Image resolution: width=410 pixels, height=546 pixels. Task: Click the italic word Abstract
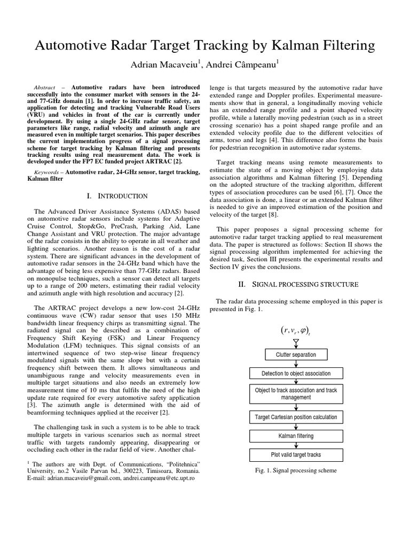pyautogui.click(x=44, y=87)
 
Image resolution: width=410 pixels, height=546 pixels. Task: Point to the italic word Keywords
pyautogui.click(x=47, y=172)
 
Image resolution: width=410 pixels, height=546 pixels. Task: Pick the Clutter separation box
pyautogui.click(x=296, y=354)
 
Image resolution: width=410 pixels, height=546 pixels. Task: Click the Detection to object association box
pyautogui.click(x=296, y=373)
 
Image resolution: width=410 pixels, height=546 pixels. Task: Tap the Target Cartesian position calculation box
pyautogui.click(x=296, y=416)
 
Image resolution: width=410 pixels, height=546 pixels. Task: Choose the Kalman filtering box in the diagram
pyautogui.click(x=296, y=436)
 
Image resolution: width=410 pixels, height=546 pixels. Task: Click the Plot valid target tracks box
pyautogui.click(x=296, y=455)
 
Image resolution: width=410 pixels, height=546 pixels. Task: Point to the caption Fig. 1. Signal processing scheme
pyautogui.click(x=296, y=470)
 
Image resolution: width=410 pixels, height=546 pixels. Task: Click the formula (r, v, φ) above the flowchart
pyautogui.click(x=295, y=331)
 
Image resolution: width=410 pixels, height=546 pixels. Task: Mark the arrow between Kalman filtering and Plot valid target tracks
pyautogui.click(x=296, y=445)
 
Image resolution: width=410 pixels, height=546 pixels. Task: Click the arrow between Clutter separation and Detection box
pyautogui.click(x=296, y=364)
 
